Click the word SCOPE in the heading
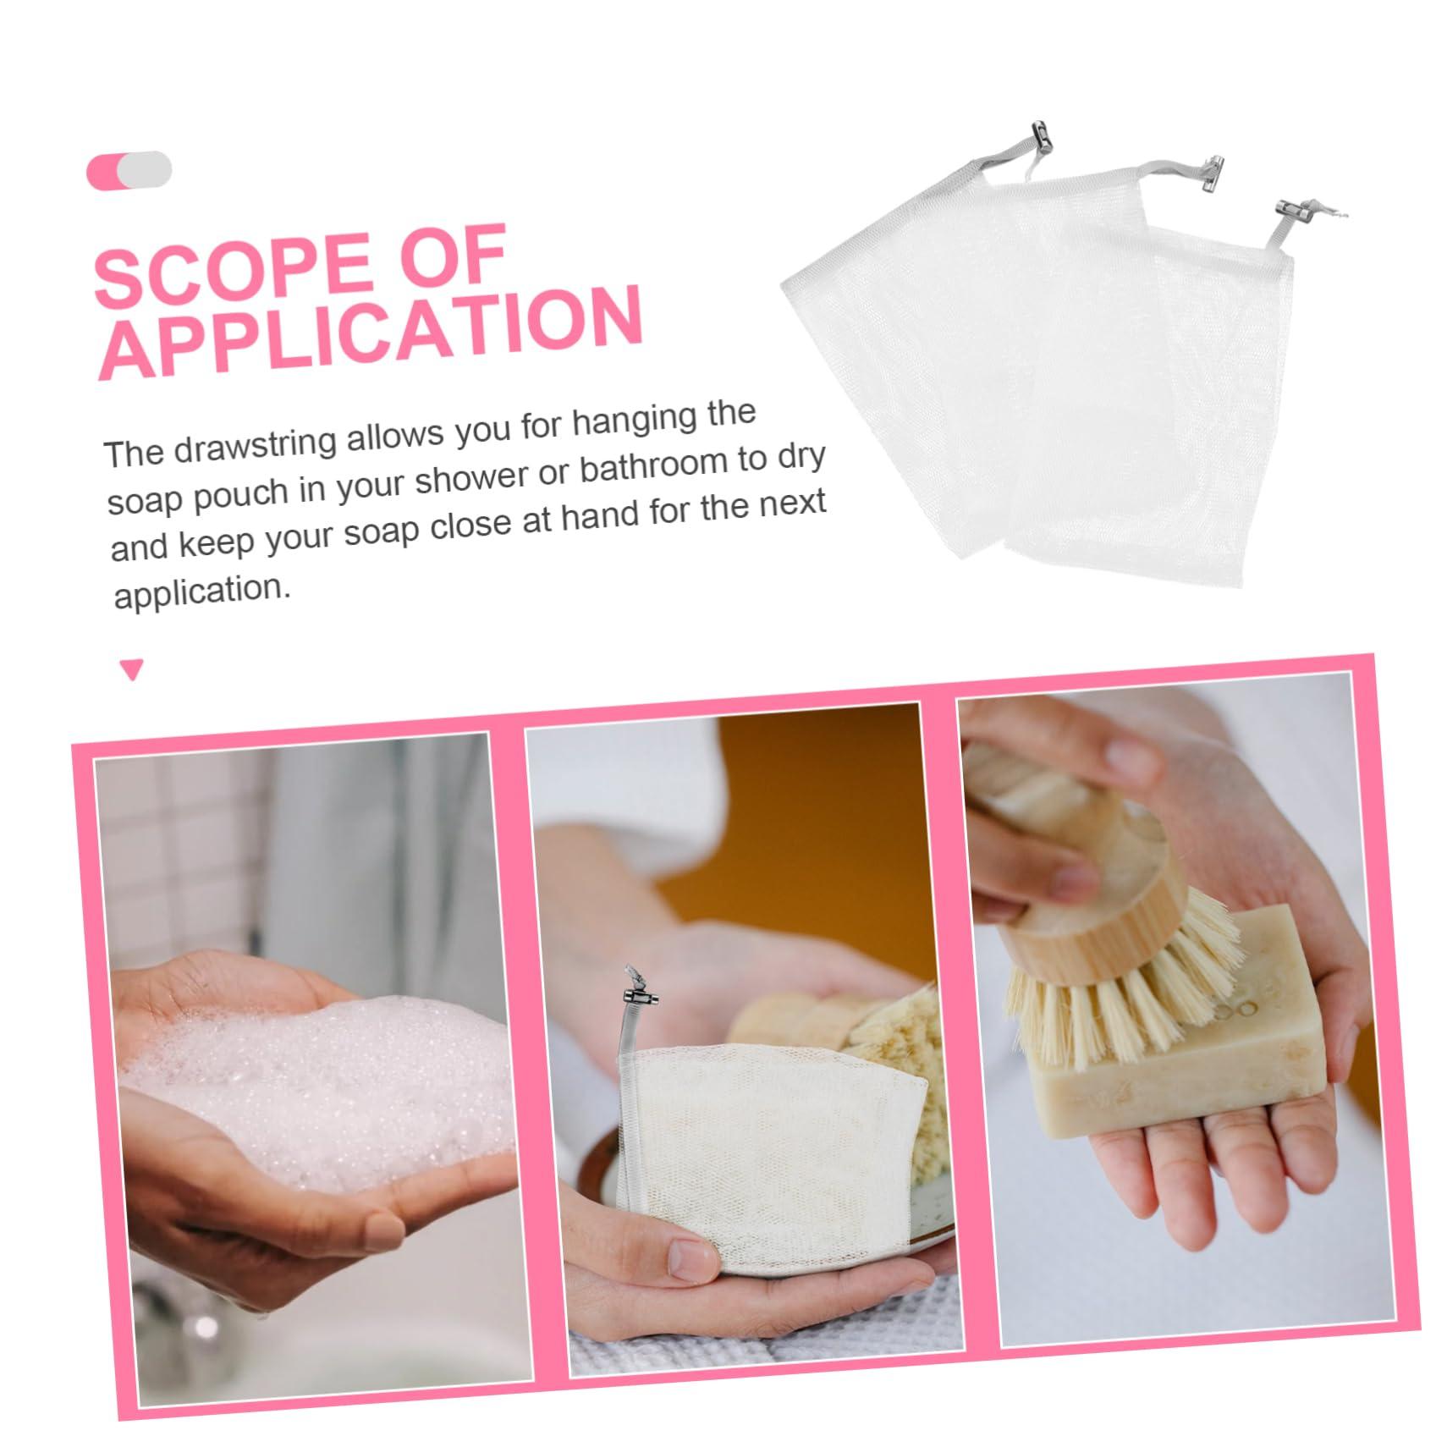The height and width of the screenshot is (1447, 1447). (228, 268)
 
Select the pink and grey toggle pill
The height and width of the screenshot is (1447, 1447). (129, 170)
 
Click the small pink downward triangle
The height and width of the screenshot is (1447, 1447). (132, 670)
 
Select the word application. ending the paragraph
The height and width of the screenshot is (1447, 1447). (202, 591)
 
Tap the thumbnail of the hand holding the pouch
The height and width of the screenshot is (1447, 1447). (690, 1263)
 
